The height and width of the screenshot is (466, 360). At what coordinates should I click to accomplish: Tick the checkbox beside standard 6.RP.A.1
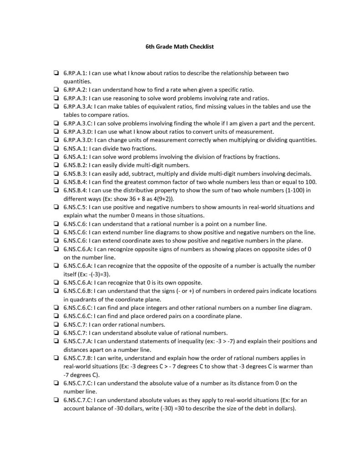[55, 73]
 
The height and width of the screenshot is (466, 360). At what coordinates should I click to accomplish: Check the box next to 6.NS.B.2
[55, 165]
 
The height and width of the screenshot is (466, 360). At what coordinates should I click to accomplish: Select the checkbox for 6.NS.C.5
[55, 207]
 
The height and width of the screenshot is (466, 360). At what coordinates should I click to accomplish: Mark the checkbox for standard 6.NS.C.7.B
[55, 358]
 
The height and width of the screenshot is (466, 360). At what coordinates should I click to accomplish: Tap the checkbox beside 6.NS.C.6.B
[55, 291]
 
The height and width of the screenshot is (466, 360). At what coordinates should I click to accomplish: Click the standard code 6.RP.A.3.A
[78, 106]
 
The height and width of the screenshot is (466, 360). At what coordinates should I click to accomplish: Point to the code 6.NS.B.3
[75, 173]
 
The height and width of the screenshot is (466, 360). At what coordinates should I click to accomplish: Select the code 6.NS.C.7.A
[78, 341]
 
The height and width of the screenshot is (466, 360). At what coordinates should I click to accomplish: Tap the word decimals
[299, 173]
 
